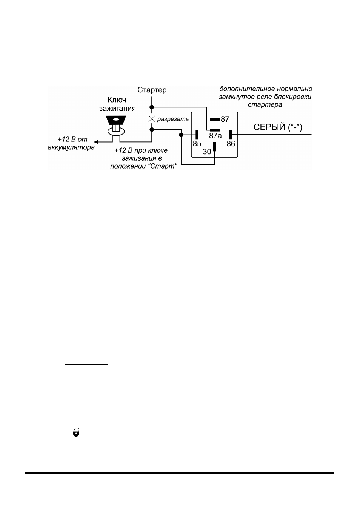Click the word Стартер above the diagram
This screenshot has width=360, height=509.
(152, 90)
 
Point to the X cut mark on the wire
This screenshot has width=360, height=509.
(152, 119)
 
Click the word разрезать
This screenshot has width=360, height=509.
(173, 119)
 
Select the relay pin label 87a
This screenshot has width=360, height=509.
(215, 136)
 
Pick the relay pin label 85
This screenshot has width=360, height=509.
(197, 144)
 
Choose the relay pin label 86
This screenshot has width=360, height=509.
(231, 144)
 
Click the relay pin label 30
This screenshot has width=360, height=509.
(207, 152)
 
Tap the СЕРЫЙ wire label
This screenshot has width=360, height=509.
(278, 127)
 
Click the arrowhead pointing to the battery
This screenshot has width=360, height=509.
(96, 142)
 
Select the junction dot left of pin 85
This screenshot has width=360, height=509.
(181, 135)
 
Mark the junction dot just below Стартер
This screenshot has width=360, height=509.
(152, 107)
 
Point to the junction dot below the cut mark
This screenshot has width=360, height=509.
(152, 130)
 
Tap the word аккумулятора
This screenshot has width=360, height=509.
(71, 147)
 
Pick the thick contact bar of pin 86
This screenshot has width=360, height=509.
(231, 135)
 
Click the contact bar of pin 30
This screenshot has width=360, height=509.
(214, 147)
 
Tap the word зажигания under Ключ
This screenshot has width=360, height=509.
(117, 109)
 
